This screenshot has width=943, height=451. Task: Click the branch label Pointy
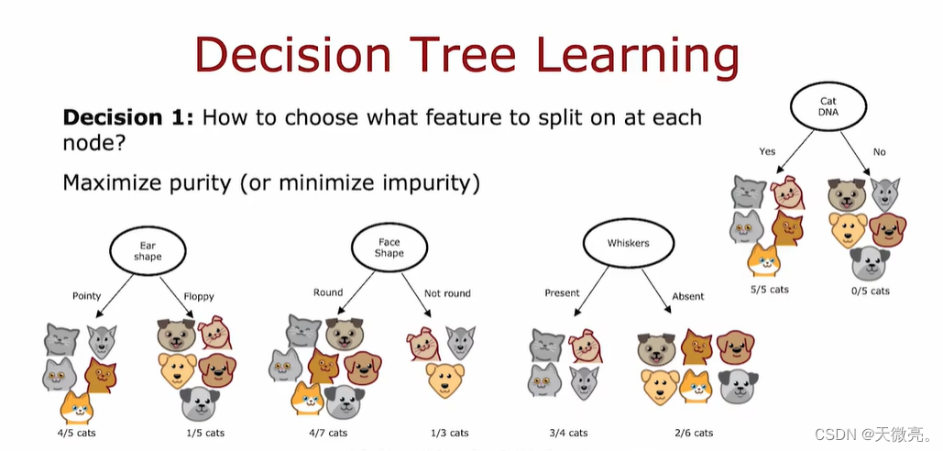click(x=86, y=296)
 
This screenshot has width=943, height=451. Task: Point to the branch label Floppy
click(x=199, y=296)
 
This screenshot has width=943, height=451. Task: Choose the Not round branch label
click(x=447, y=293)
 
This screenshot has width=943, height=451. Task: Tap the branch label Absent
click(x=688, y=296)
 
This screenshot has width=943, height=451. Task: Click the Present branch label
click(x=562, y=292)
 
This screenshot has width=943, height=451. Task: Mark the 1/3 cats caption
click(x=448, y=433)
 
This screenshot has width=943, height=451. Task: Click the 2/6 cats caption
click(x=694, y=433)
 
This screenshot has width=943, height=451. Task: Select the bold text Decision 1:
click(x=128, y=117)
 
